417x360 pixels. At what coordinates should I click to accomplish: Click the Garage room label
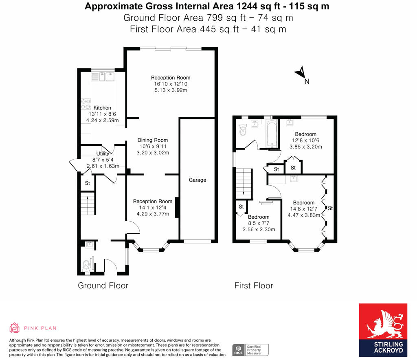coord(198,180)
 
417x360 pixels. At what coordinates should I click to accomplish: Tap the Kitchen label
coord(102,108)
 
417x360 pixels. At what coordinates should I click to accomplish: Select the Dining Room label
coord(153,140)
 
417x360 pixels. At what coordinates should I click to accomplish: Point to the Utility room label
coord(103,154)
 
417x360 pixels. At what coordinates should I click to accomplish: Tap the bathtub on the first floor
coord(272,133)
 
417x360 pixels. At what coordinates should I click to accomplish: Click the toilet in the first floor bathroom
coord(243,130)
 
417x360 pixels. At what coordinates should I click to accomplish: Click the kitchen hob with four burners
coord(86,104)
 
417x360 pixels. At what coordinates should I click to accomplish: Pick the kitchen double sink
coord(106,77)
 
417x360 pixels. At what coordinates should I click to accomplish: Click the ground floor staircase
coord(88,204)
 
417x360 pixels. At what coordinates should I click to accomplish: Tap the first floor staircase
coord(244,183)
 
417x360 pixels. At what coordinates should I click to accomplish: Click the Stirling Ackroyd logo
coord(383,330)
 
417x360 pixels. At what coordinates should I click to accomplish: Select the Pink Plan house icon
coord(14,328)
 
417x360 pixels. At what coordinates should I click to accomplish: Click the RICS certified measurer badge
coord(250,350)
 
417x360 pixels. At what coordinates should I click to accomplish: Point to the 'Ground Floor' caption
coord(103,285)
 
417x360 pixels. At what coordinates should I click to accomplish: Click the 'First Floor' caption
coord(254,285)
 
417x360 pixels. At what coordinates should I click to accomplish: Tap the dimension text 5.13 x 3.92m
coord(171,90)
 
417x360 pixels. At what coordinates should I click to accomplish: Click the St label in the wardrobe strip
coord(330,208)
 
